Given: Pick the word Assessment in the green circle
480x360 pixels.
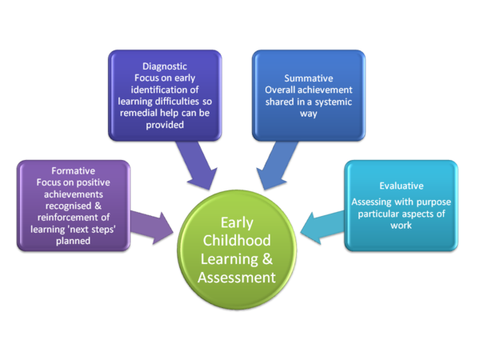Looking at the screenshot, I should (x=236, y=277).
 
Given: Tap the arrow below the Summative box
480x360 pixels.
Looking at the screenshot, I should (x=271, y=166).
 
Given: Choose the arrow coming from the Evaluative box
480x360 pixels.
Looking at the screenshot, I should (x=324, y=225).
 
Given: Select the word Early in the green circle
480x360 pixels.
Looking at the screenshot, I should (x=236, y=222).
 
